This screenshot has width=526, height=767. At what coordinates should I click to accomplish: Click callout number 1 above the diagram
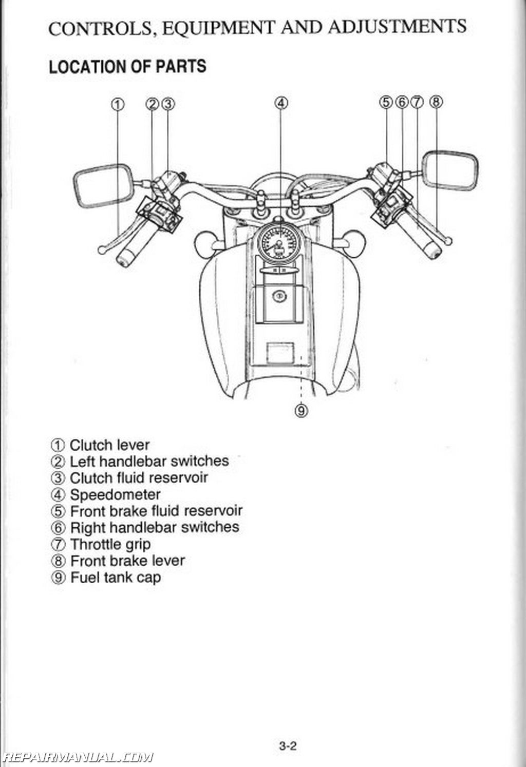(x=118, y=104)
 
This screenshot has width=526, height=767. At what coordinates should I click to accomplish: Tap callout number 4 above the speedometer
(x=280, y=103)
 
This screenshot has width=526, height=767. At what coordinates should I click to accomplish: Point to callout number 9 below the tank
(x=301, y=410)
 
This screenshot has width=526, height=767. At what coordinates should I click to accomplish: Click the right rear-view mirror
(x=449, y=170)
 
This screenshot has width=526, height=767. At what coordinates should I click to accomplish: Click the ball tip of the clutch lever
(x=101, y=251)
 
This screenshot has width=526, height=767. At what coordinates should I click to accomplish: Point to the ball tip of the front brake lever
(x=449, y=241)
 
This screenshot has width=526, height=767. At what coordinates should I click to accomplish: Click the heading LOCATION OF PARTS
(x=127, y=67)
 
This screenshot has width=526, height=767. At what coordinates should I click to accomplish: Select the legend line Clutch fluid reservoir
(x=138, y=478)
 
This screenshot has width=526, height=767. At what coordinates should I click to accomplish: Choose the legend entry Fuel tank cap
(x=115, y=578)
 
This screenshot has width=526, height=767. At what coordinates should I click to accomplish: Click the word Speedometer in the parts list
(x=115, y=495)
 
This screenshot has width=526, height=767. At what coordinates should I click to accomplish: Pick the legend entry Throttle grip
(x=110, y=544)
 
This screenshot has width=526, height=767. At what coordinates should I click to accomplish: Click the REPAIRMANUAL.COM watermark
(x=77, y=757)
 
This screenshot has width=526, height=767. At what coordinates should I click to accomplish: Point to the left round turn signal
(x=205, y=240)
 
